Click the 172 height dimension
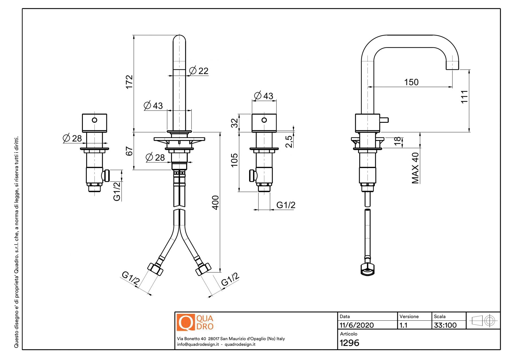coord(129,82)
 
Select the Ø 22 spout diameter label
coord(199,71)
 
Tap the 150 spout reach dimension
coord(411,82)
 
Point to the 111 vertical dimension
coord(464,97)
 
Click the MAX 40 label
coord(415,168)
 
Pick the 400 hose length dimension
coord(215,202)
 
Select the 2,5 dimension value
coord(289,141)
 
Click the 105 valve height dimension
coord(234,160)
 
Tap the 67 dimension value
coord(129,151)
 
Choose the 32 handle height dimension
coord(234,123)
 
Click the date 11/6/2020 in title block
coord(357,325)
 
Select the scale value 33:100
coord(445,325)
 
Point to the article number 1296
coord(349,343)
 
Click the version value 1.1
coord(404,325)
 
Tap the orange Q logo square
coord(186,322)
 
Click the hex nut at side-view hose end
coord(368,269)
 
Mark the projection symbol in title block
coord(483,321)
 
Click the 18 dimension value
coord(397,141)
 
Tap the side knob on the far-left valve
coord(107,175)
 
